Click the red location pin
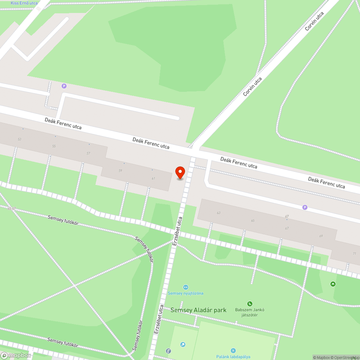click(x=180, y=172)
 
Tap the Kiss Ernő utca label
click(x=24, y=3)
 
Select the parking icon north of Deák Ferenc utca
click(x=64, y=86)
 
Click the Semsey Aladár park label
click(x=198, y=310)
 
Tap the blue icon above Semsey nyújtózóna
click(x=185, y=287)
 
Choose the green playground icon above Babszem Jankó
click(x=249, y=304)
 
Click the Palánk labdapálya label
click(x=233, y=357)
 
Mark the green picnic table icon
click(x=333, y=284)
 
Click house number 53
click(x=19, y=139)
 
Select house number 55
click(x=54, y=146)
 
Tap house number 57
click(x=88, y=153)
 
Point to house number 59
click(x=120, y=171)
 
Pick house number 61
click(x=153, y=178)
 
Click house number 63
click(x=219, y=213)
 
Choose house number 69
click(x=321, y=236)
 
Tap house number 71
click(x=354, y=253)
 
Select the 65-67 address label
click(x=12, y=209)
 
